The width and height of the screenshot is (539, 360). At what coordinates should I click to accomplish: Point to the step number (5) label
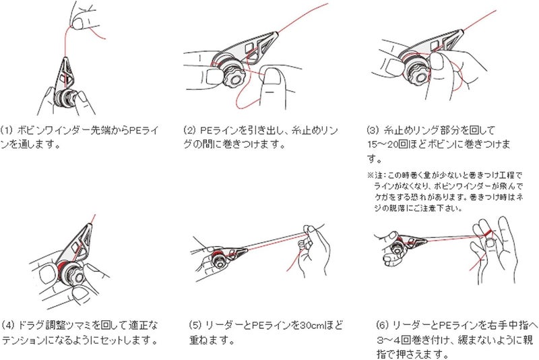tap(195, 324)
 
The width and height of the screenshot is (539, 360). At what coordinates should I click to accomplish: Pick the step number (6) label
tap(380, 324)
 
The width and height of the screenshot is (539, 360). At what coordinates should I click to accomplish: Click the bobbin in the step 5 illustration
tap(222, 261)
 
